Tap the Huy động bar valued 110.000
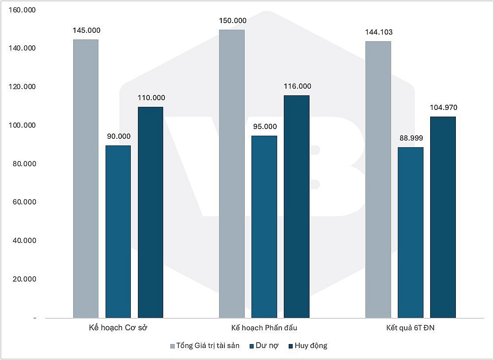pyautogui.click(x=150, y=212)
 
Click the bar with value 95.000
pyautogui.click(x=264, y=227)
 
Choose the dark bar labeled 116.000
pyautogui.click(x=296, y=207)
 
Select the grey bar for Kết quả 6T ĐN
pyautogui.click(x=378, y=180)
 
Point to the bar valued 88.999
pyautogui.click(x=410, y=232)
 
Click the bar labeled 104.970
pyautogui.click(x=443, y=217)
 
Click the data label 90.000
pyautogui.click(x=118, y=137)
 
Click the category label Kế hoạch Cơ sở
pyautogui.click(x=118, y=329)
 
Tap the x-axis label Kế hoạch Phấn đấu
pyautogui.click(x=264, y=329)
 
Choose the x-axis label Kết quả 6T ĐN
pyautogui.click(x=410, y=329)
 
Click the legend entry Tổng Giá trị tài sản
pyautogui.click(x=204, y=346)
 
